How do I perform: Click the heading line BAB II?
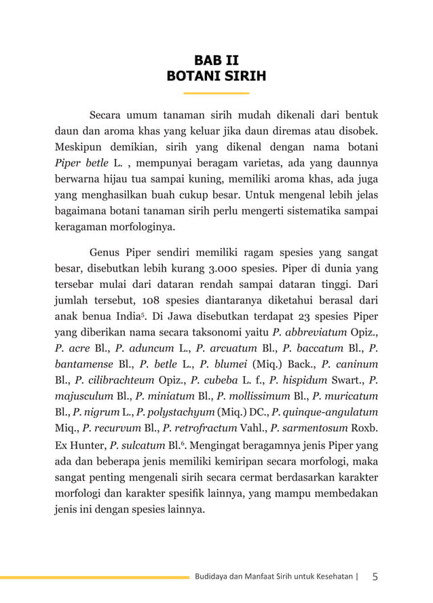(x=216, y=59)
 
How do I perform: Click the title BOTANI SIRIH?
(x=216, y=76)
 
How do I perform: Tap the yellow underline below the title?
(x=216, y=92)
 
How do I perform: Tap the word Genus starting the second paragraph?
(x=105, y=251)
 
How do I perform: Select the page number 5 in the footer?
(x=375, y=577)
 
